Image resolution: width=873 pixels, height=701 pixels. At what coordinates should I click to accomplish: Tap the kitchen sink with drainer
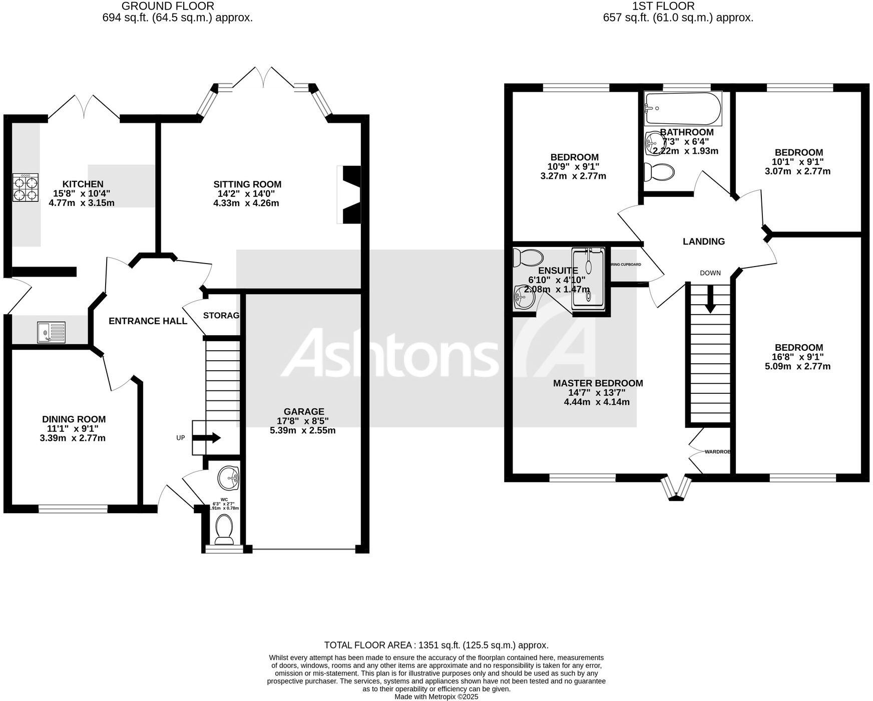pos(51,333)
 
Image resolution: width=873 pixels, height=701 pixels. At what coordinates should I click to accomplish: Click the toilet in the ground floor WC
pos(224,530)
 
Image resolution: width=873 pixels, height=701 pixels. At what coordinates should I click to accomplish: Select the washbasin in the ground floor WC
pos(229,477)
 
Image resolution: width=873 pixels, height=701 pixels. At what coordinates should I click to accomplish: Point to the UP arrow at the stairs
pos(206,437)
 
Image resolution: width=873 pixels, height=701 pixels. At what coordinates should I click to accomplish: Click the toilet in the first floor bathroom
pos(659,172)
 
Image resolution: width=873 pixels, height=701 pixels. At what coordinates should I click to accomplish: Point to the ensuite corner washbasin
pos(523,297)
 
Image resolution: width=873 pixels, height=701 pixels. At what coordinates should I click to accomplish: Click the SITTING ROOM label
pos(247,184)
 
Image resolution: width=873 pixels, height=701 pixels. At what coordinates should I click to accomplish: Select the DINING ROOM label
pos(74,419)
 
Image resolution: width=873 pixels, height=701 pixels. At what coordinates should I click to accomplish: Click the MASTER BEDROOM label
pos(598,383)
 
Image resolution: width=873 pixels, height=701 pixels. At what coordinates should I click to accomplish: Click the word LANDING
pos(703,242)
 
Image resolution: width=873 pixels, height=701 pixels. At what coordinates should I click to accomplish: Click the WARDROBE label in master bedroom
pos(717,451)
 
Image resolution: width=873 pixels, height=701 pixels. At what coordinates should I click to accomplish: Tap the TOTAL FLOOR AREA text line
pos(436,645)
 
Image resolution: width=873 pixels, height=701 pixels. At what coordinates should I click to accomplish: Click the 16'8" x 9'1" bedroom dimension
pos(798,357)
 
